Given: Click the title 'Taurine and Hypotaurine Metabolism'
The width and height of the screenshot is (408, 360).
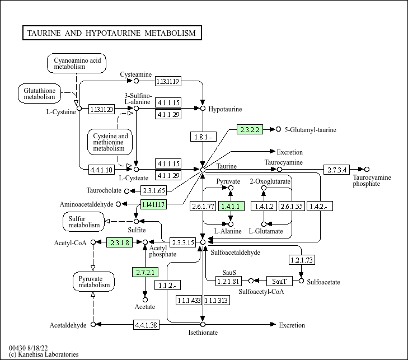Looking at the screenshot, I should pos(111,33).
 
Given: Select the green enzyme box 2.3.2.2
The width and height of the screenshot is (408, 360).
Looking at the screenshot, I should pos(250,129).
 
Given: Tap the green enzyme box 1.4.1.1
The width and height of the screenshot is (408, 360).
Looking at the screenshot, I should pos(231,207).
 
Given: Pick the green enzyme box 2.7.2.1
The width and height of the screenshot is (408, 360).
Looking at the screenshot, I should pos(146,273).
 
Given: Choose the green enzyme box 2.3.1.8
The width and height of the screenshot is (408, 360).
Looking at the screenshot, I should pos(119,242).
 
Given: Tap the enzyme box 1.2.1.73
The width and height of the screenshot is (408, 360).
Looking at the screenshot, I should pos(302,259).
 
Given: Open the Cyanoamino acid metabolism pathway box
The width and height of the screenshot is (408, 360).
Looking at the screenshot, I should pos(77,63).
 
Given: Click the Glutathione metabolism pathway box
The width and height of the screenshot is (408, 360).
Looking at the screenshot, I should pos(39,93).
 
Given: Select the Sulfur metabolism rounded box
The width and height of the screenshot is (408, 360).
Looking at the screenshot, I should pos(84,221).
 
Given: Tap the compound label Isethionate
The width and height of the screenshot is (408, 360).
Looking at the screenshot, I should pos(203,333).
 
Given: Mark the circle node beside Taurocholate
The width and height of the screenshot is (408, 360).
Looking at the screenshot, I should pos(126,191).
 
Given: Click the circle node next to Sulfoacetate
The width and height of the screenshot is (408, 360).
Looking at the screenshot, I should pos(302,280).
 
